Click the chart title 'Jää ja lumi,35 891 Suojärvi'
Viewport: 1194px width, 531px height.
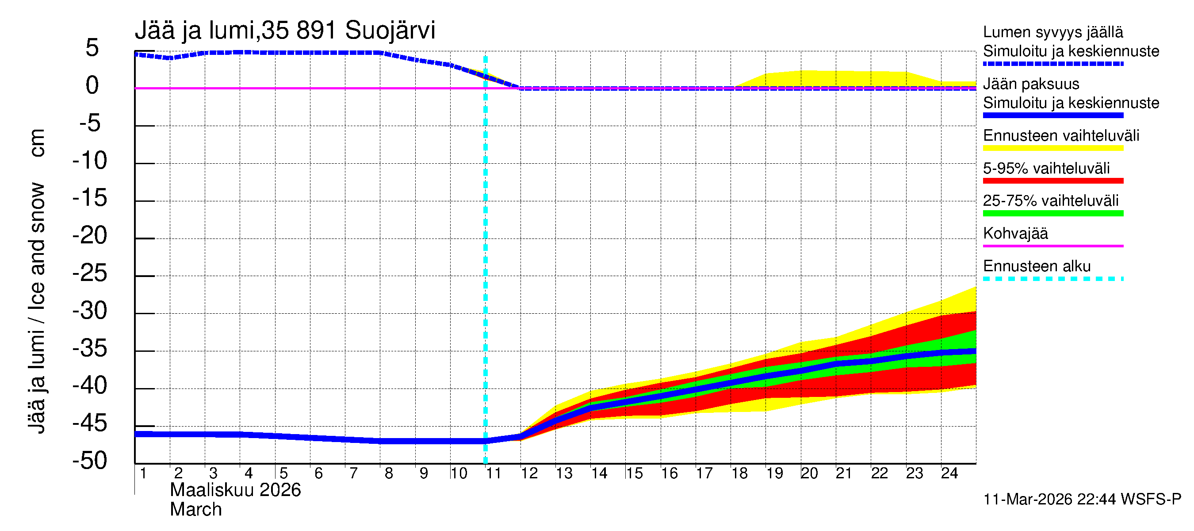click(x=285, y=31)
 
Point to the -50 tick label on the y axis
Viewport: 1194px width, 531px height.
click(x=89, y=461)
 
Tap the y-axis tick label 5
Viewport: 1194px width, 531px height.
click(x=92, y=48)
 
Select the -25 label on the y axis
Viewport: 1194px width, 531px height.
click(x=89, y=273)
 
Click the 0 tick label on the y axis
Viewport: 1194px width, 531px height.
click(x=92, y=85)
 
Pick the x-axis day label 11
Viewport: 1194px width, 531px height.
click(x=494, y=473)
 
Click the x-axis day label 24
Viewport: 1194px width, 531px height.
click(x=949, y=473)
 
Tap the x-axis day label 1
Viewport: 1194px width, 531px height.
click(x=143, y=473)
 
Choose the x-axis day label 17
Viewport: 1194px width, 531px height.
click(x=704, y=473)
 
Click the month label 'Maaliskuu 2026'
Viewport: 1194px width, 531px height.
click(x=235, y=490)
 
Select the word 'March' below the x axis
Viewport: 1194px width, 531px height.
click(x=195, y=510)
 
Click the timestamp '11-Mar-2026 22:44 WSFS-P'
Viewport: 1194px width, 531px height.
click(x=1082, y=500)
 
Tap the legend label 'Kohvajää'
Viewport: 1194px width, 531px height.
click(x=1015, y=233)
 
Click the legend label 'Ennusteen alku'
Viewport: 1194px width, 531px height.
click(x=1037, y=266)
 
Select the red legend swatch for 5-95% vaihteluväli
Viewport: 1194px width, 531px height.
click(x=1052, y=181)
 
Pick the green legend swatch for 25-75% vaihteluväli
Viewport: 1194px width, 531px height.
click(x=1052, y=213)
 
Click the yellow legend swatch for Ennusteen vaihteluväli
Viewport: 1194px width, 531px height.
click(x=1052, y=148)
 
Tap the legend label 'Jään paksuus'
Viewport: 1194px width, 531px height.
click(x=1031, y=84)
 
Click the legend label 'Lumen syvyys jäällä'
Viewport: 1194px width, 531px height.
click(x=1052, y=32)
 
